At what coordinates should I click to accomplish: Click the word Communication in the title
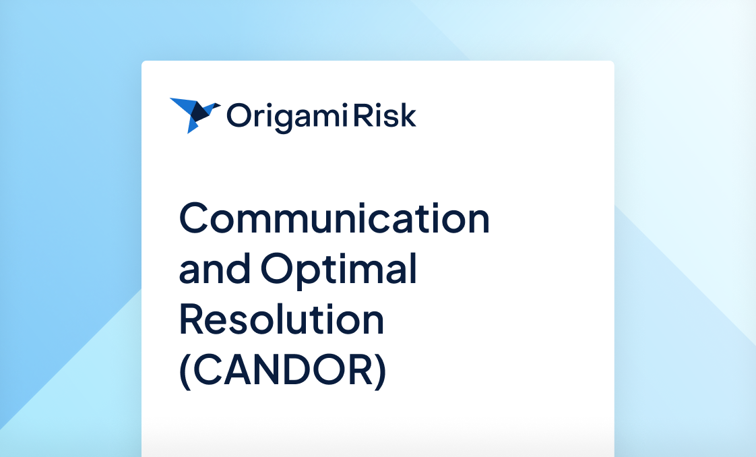(x=334, y=218)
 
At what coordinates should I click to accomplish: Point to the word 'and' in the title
(x=216, y=269)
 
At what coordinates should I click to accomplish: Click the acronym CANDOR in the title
(x=283, y=370)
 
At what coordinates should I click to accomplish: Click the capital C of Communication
(x=195, y=218)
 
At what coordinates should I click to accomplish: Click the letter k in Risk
(x=408, y=115)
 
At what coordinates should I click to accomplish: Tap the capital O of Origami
(x=238, y=115)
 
